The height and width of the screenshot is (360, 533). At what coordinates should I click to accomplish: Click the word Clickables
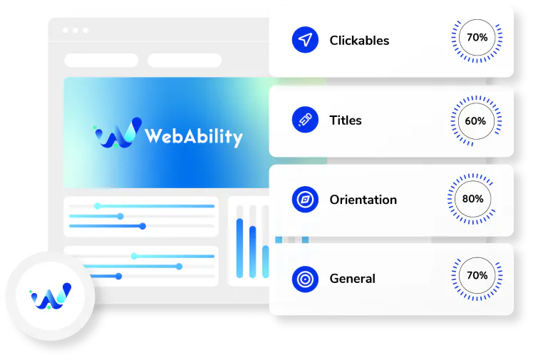pyautogui.click(x=359, y=41)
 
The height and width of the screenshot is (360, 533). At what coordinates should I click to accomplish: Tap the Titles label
pyautogui.click(x=346, y=120)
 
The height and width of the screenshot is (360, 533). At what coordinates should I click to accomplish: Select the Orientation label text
pyautogui.click(x=363, y=200)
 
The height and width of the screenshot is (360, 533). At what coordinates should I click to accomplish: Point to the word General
pyautogui.click(x=353, y=279)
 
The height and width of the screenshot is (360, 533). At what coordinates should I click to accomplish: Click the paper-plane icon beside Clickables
pyautogui.click(x=305, y=40)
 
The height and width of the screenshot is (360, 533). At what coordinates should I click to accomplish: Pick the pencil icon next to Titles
pyautogui.click(x=305, y=120)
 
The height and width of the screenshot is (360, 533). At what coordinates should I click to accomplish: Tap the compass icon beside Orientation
pyautogui.click(x=305, y=200)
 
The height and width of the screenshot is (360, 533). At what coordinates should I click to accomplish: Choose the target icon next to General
pyautogui.click(x=305, y=279)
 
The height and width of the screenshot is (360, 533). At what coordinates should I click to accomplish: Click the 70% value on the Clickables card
pyautogui.click(x=477, y=37)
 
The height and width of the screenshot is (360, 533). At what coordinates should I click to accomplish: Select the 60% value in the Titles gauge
pyautogui.click(x=475, y=120)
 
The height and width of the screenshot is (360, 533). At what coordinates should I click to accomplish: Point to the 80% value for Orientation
pyautogui.click(x=473, y=199)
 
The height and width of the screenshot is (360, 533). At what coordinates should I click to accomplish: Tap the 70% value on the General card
pyautogui.click(x=477, y=275)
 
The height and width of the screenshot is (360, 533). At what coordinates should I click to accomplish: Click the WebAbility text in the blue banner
pyautogui.click(x=194, y=137)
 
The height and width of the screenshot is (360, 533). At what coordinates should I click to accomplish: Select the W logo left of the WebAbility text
pyautogui.click(x=118, y=133)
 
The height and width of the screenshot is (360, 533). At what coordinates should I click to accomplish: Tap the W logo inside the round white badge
pyautogui.click(x=51, y=296)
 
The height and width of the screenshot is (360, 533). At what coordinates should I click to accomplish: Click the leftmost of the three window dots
pyautogui.click(x=66, y=30)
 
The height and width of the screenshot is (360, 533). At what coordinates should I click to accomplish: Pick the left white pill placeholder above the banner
pyautogui.click(x=101, y=60)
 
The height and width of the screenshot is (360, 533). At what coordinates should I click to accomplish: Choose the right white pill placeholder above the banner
pyautogui.click(x=185, y=60)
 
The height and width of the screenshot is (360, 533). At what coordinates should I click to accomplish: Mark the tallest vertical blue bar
pyautogui.click(x=239, y=248)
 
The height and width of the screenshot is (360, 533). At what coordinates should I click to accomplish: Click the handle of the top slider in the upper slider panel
pyautogui.click(x=97, y=206)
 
